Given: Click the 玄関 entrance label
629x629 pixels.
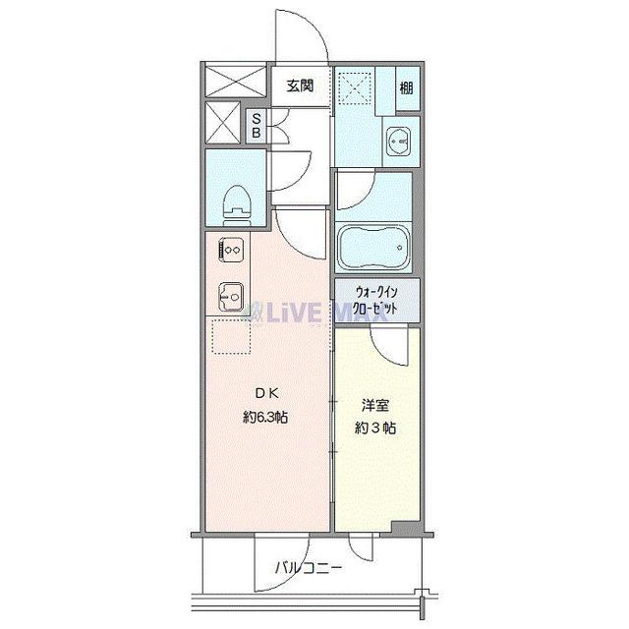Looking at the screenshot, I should point(300,86).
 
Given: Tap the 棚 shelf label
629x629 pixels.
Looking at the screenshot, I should point(406,86).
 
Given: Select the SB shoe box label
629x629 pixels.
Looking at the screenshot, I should point(256,125).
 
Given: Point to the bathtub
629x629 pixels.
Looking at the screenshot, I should point(371,248).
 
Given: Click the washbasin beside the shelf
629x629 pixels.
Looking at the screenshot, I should point(399,142).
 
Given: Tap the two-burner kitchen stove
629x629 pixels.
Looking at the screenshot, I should point(232,251).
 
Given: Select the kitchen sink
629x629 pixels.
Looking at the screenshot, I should point(231,294).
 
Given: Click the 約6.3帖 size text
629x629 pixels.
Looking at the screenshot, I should point(266,416).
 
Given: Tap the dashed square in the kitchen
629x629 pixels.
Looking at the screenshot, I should point(231,338).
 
